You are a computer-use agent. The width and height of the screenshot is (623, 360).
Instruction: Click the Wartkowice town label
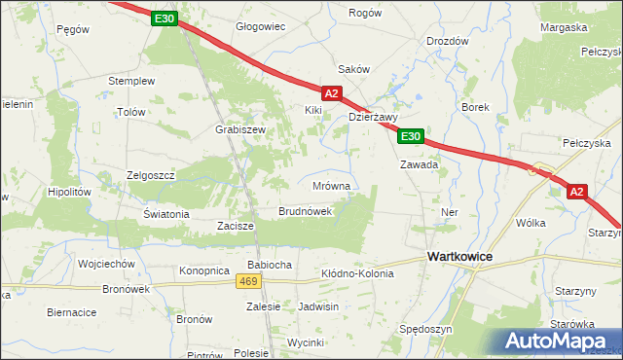459,255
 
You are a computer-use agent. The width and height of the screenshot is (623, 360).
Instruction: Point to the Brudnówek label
306,210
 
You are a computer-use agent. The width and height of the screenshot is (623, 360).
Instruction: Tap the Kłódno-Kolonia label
357,274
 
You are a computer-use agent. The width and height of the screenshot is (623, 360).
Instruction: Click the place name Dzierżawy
374,117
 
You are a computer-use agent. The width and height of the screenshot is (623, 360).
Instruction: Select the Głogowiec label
261,26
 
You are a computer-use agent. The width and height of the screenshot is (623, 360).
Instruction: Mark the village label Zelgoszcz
150,174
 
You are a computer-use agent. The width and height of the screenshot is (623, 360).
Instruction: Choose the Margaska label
564,27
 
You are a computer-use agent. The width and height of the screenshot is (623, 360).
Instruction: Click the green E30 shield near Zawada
410,137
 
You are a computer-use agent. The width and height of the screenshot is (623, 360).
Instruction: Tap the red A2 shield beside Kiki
331,93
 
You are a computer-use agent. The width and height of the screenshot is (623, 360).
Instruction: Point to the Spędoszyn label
425,330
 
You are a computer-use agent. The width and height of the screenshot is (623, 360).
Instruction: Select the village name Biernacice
71,312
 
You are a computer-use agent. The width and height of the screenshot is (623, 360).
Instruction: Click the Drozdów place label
448,42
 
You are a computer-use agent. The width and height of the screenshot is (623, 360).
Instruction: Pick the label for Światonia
165,214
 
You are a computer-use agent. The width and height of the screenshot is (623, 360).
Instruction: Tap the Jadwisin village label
319,306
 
